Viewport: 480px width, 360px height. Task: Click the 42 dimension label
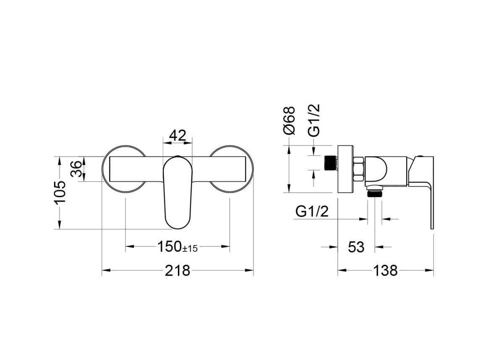(x=178, y=135)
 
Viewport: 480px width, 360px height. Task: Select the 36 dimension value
(x=76, y=169)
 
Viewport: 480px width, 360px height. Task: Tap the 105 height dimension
(x=60, y=192)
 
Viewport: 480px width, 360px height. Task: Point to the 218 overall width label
(x=177, y=271)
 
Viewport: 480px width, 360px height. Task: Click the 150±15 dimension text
(x=177, y=247)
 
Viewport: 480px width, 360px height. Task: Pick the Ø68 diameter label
(x=290, y=120)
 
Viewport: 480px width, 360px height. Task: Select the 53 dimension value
(x=356, y=247)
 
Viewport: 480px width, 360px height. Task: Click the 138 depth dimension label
(x=385, y=271)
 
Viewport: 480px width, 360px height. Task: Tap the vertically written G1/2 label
(x=314, y=120)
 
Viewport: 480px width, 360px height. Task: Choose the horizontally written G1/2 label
(x=312, y=211)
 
